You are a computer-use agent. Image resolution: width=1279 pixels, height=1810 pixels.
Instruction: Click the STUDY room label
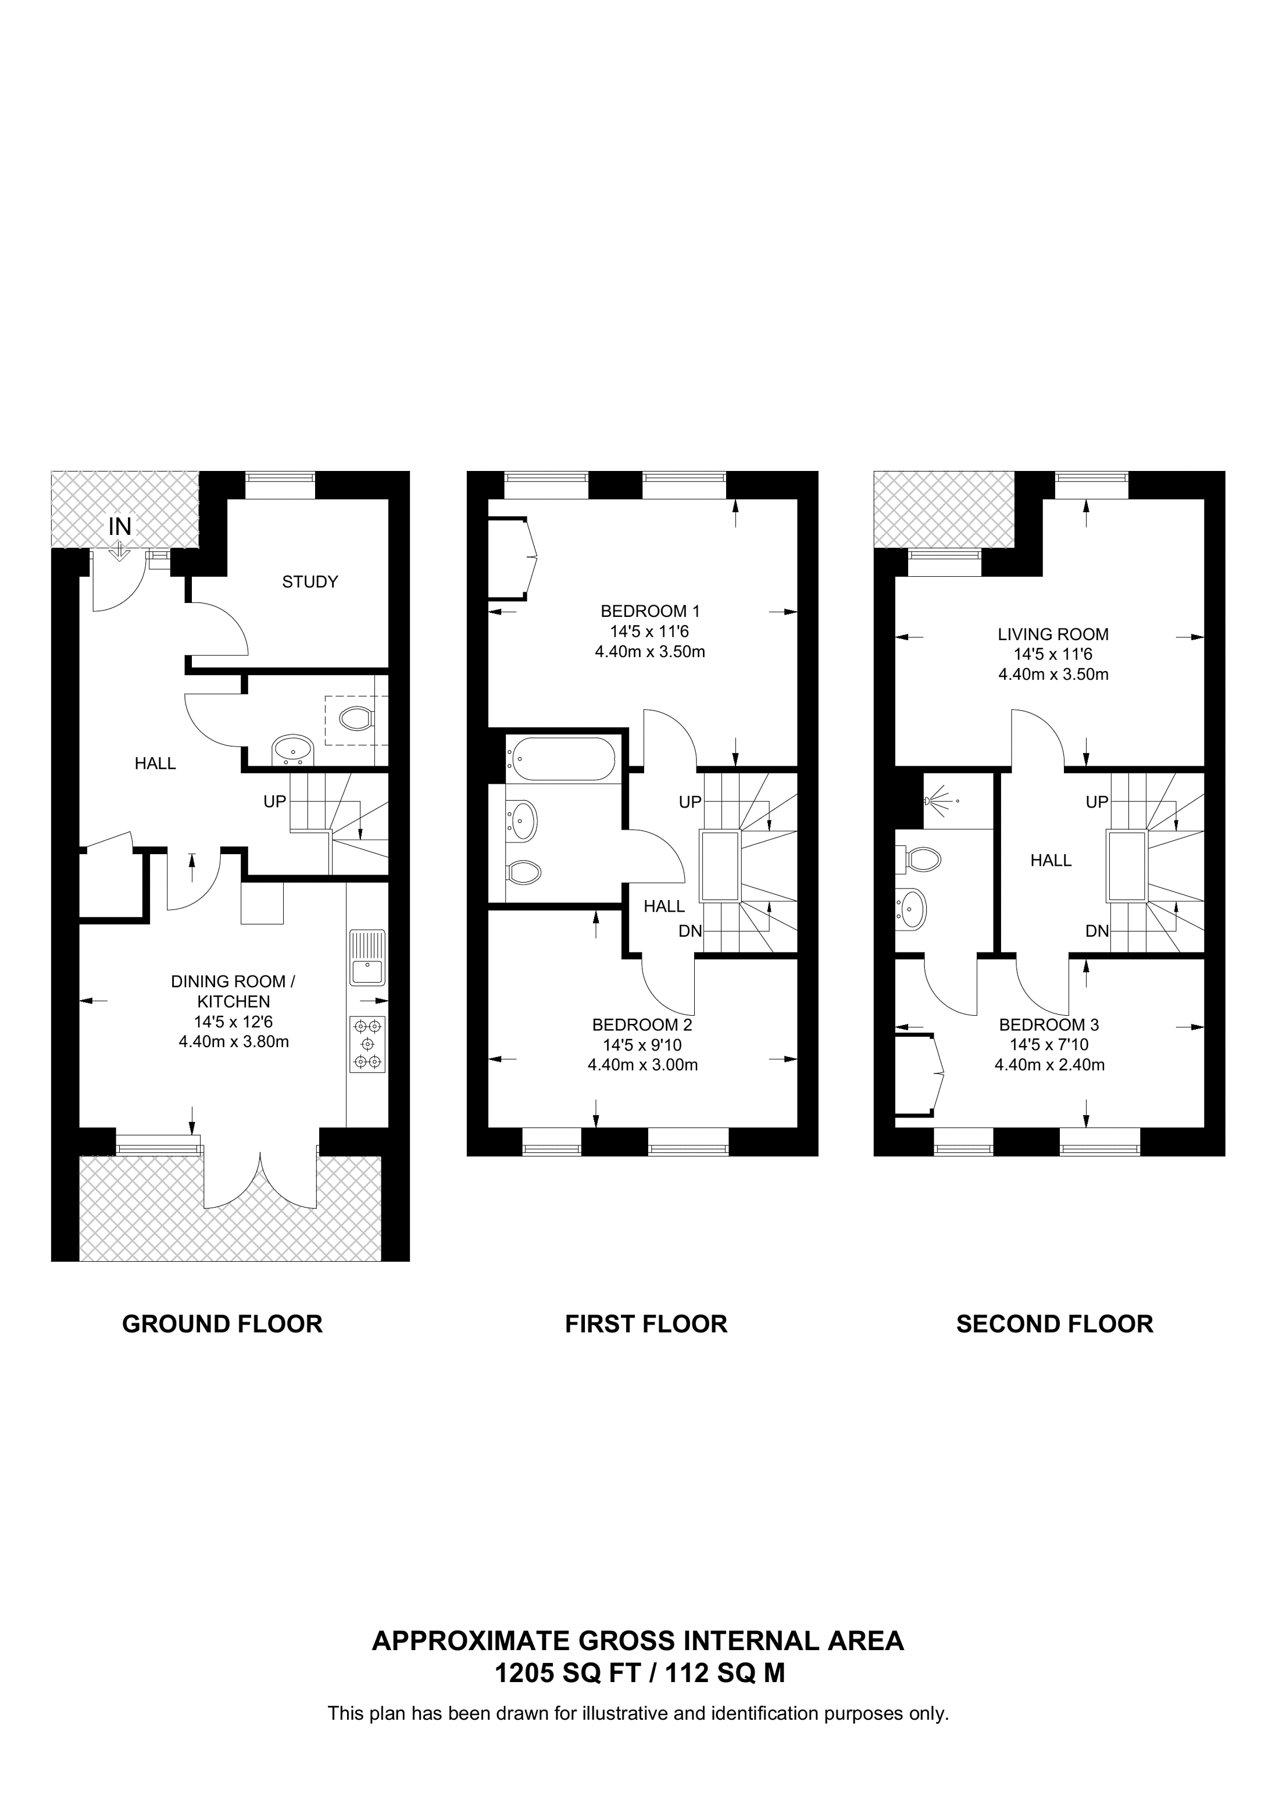[310, 582]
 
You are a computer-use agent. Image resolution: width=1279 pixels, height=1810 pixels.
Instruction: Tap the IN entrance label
[120, 527]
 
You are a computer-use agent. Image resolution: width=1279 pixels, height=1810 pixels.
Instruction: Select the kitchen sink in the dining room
[368, 957]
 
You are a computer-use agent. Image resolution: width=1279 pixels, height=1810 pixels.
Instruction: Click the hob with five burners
[368, 1044]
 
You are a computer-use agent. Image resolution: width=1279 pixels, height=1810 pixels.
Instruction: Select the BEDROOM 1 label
[650, 611]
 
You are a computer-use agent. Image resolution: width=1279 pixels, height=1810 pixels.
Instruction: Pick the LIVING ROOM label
[1053, 634]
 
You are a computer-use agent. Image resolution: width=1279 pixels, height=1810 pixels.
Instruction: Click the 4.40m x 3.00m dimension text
[643, 1065]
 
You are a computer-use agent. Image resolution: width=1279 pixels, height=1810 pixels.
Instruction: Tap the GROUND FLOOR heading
[222, 1323]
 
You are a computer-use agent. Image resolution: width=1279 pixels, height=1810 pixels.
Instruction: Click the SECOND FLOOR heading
[1055, 1323]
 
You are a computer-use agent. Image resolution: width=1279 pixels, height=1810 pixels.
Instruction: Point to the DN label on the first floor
[690, 931]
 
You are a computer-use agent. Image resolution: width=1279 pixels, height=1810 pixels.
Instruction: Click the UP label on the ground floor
[274, 802]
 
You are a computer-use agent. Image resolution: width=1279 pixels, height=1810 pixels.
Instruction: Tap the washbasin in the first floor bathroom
[521, 820]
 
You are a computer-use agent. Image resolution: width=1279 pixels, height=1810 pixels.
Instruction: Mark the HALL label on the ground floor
[155, 763]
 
